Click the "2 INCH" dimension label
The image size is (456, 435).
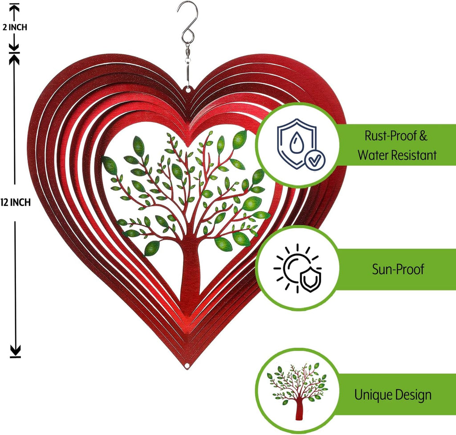click(15, 27)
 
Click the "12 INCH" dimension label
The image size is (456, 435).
click(16, 202)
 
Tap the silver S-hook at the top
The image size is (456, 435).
click(187, 22)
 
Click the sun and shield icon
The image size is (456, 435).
click(297, 268)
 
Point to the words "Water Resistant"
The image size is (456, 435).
click(397, 155)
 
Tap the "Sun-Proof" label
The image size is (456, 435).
click(398, 269)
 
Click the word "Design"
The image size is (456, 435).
click(413, 395)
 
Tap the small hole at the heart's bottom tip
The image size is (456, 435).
click(187, 365)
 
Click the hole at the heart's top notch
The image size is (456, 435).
click(188, 90)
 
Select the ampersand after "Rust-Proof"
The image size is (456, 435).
click(423, 136)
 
